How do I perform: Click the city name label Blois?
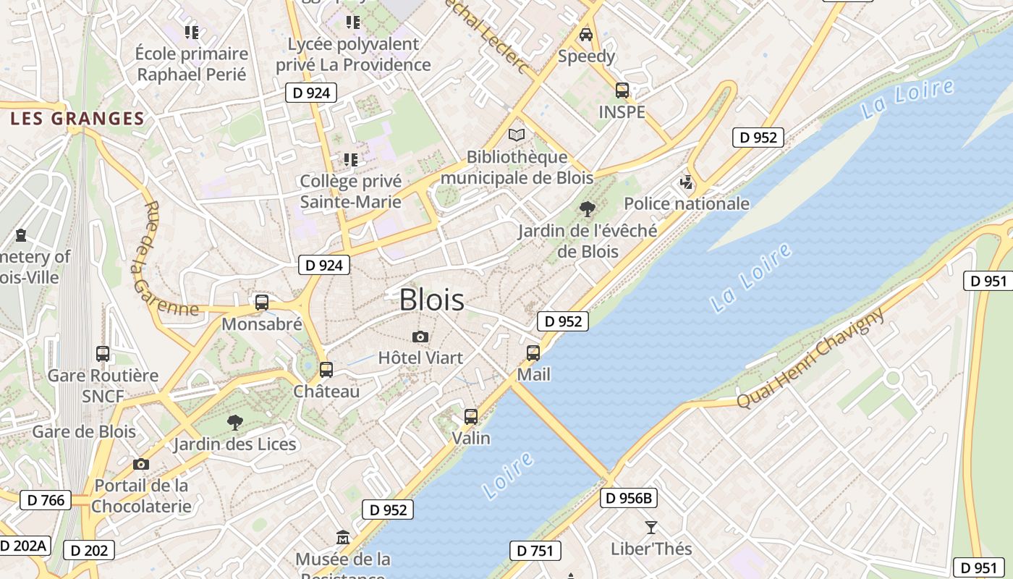[432, 300]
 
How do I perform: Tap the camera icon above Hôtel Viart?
[420, 337]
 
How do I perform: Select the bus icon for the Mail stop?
[533, 353]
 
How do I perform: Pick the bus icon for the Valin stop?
[471, 417]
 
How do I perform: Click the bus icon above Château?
[326, 370]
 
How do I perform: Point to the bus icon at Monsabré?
[262, 303]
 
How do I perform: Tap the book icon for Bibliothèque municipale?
[517, 135]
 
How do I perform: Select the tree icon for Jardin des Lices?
[234, 422]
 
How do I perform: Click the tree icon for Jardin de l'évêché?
[588, 209]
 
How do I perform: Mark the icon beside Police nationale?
[686, 182]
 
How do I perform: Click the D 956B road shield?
[629, 498]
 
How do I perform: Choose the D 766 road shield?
[46, 500]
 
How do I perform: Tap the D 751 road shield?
[535, 551]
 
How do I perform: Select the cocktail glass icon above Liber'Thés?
[651, 528]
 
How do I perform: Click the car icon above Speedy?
[586, 34]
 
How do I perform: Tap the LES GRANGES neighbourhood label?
[77, 119]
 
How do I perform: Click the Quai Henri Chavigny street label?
[810, 359]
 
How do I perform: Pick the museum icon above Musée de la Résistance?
[343, 538]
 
